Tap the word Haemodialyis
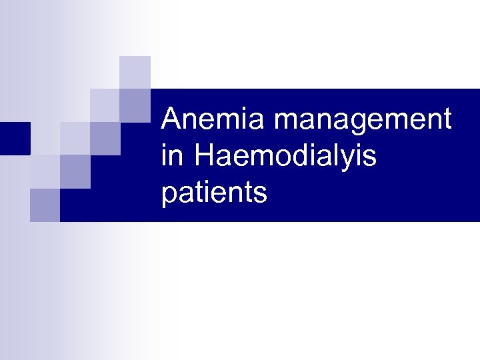[x=286, y=157]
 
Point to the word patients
[x=214, y=193]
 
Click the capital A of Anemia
[x=172, y=121]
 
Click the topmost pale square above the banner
[x=135, y=72]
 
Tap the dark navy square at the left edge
[x=15, y=138]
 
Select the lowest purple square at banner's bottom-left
[x=45, y=205]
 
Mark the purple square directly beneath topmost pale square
[x=135, y=105]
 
